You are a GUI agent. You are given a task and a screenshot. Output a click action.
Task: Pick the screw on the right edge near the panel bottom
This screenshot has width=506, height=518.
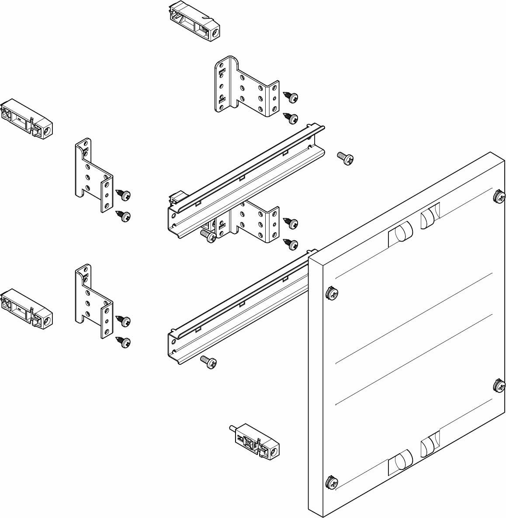[499, 385]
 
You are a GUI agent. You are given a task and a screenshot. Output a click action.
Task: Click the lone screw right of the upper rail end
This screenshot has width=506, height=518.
[346, 159]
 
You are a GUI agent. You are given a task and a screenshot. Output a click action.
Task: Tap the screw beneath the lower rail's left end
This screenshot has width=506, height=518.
[209, 361]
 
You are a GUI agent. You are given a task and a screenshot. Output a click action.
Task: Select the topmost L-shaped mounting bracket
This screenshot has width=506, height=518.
[245, 87]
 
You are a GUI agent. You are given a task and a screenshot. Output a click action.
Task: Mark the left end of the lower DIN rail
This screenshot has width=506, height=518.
[175, 346]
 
